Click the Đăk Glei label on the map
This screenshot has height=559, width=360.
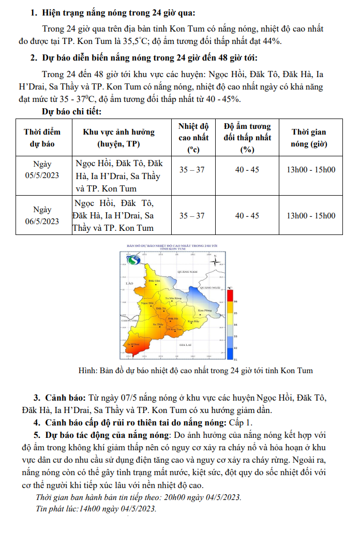click(x=154, y=281)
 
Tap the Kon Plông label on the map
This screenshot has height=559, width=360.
click(x=205, y=311)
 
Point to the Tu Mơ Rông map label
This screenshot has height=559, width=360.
click(x=173, y=299)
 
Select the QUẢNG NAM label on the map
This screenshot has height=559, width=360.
click(x=187, y=271)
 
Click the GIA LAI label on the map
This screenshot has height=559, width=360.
click(x=186, y=344)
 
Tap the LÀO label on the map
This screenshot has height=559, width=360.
click(x=129, y=284)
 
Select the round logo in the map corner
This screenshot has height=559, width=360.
click(x=134, y=260)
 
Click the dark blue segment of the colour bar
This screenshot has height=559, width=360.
click(x=229, y=354)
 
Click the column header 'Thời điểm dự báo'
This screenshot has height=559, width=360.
click(x=42, y=137)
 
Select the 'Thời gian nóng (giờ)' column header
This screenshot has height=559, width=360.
click(x=309, y=137)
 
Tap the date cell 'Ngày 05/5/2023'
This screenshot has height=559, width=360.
click(x=42, y=170)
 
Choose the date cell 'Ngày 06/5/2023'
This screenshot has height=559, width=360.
click(x=42, y=215)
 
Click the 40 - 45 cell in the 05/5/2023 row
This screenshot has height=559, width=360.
click(x=247, y=170)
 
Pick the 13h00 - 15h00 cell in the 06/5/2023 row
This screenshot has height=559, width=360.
click(x=311, y=216)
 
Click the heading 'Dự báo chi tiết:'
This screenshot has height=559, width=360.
click(x=71, y=111)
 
